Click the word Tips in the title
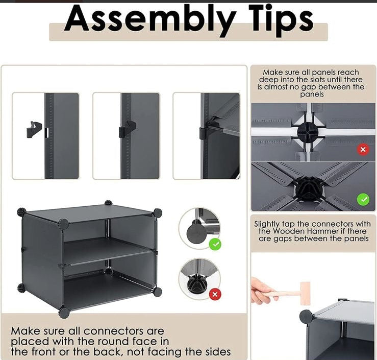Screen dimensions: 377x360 tap(281, 20)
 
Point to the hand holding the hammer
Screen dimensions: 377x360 tap(261, 291)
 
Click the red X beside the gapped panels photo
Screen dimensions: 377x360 tap(363, 150)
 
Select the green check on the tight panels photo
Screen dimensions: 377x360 tap(363, 199)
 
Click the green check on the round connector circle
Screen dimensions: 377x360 tap(215, 244)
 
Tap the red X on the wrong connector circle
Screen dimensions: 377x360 tap(215, 294)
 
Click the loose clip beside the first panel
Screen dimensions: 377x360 tap(34, 130)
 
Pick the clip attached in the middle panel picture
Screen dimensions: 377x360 tap(128, 129)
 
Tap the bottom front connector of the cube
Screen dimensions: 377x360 tap(64, 313)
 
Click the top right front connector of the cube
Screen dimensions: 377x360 tap(158, 213)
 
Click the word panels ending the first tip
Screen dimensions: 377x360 tap(312, 94)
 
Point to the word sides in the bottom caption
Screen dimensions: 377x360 tap(218, 352)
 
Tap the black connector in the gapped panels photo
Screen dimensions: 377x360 tap(308, 132)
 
